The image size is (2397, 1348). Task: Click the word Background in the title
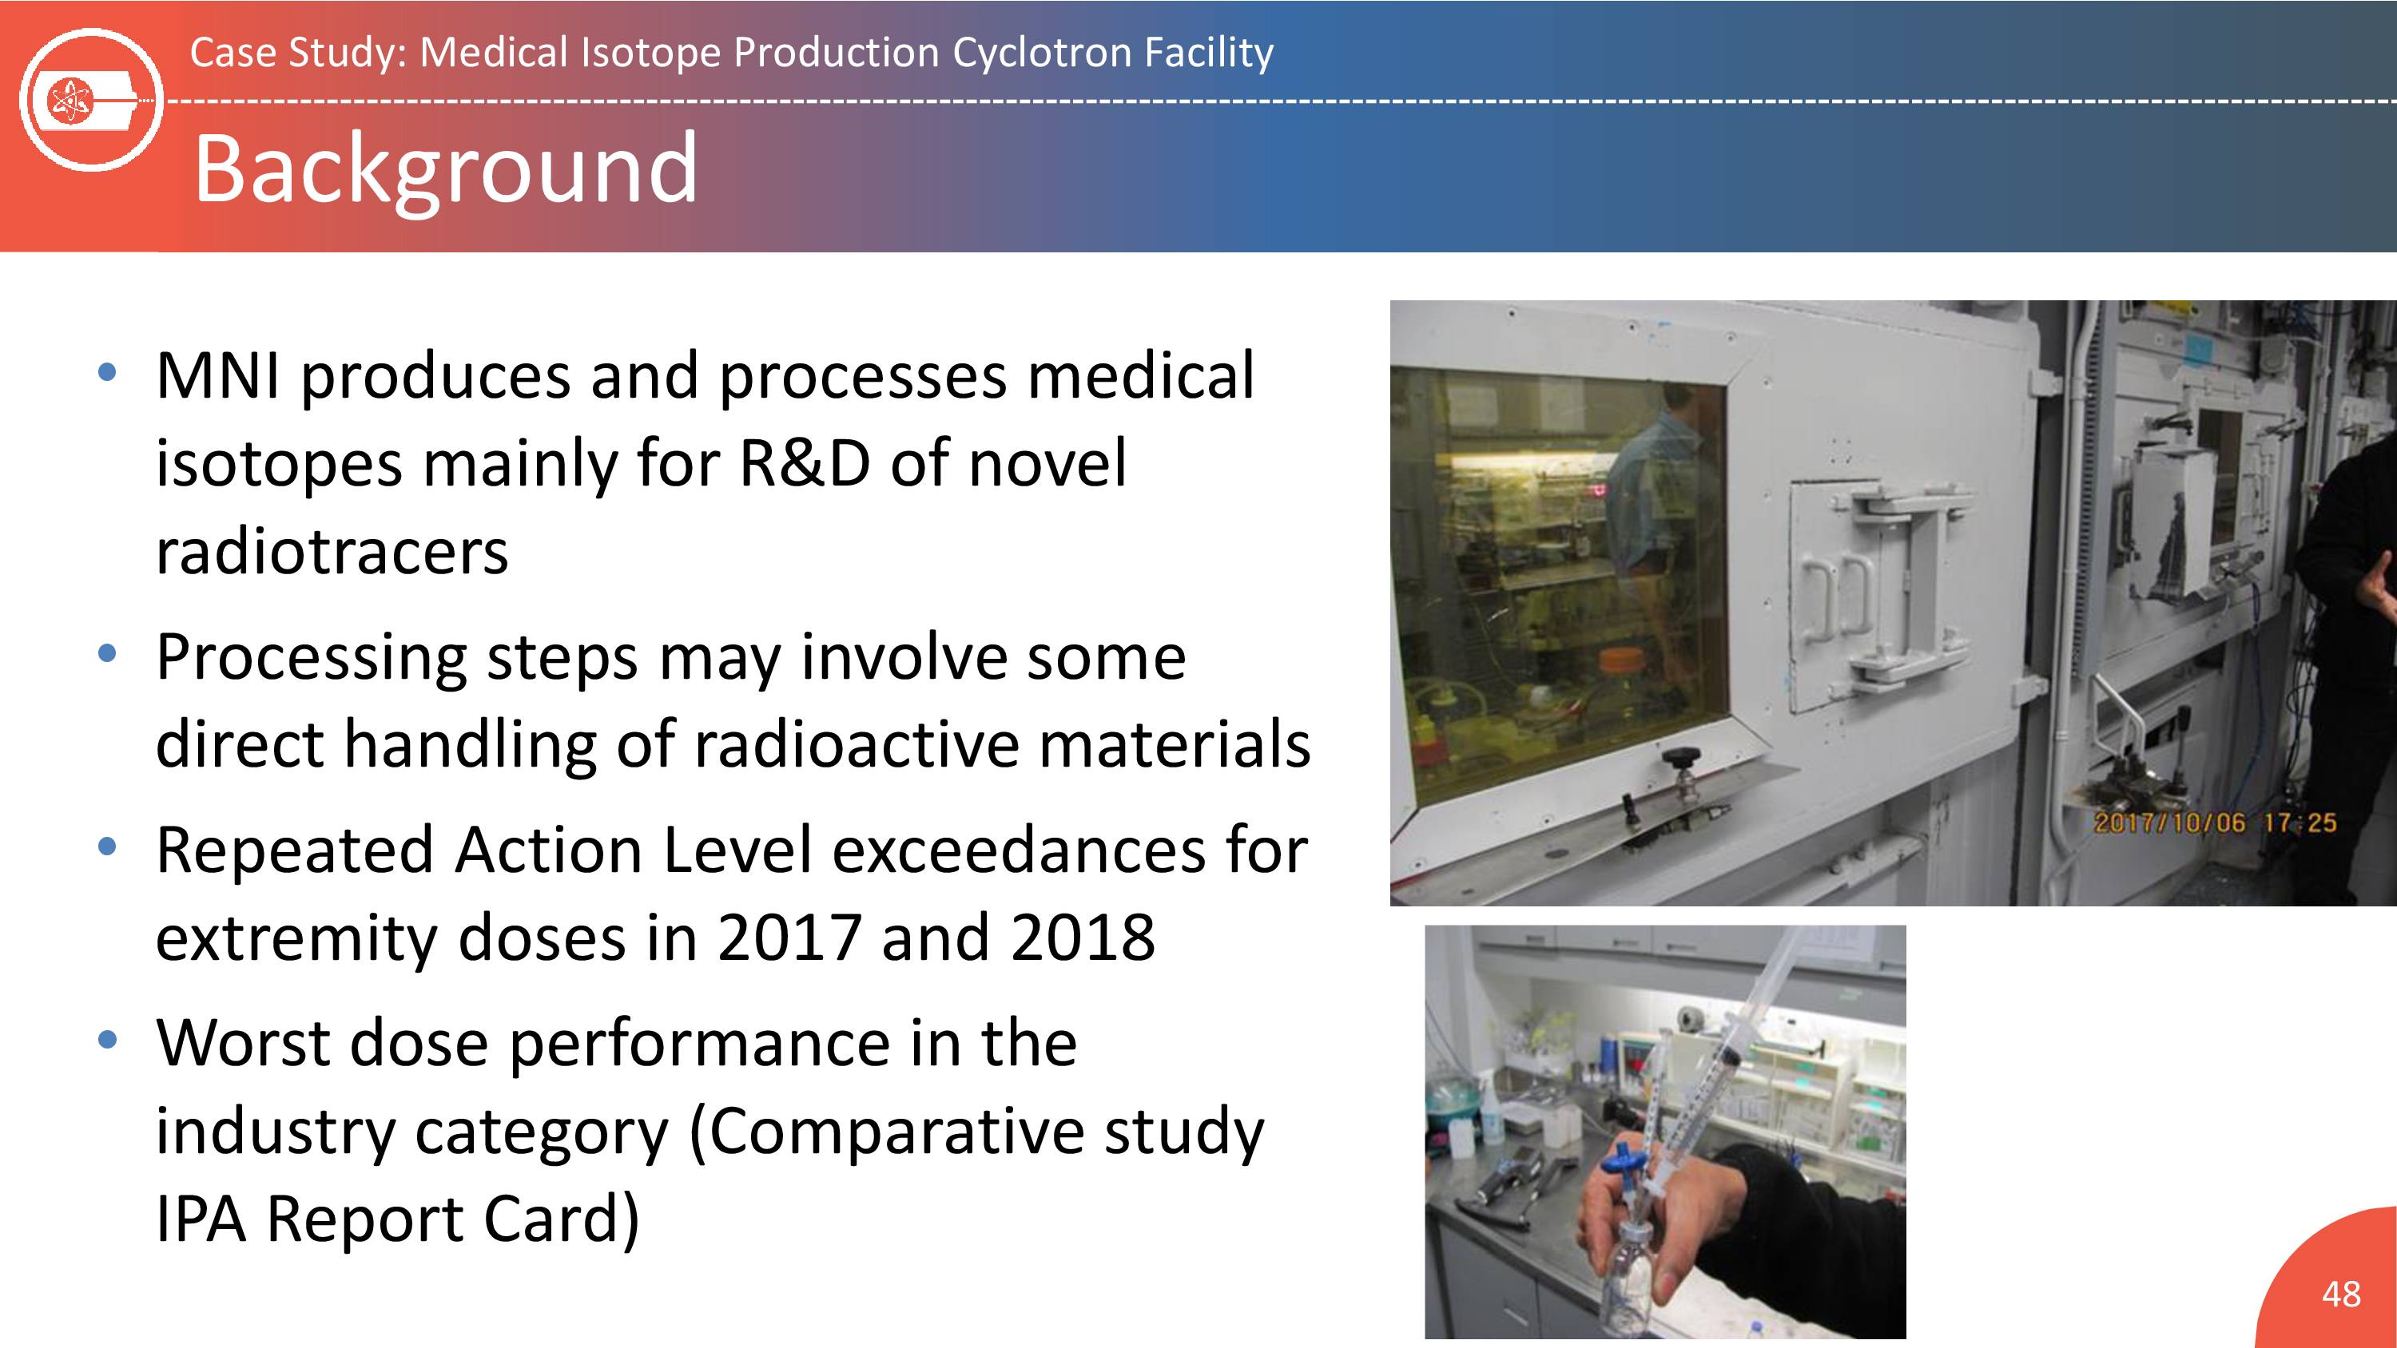point(446,169)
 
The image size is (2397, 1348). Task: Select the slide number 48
point(2341,1293)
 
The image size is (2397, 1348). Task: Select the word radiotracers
point(332,552)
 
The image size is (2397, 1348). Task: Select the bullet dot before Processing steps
point(107,654)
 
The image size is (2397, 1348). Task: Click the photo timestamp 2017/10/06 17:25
point(2215,823)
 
